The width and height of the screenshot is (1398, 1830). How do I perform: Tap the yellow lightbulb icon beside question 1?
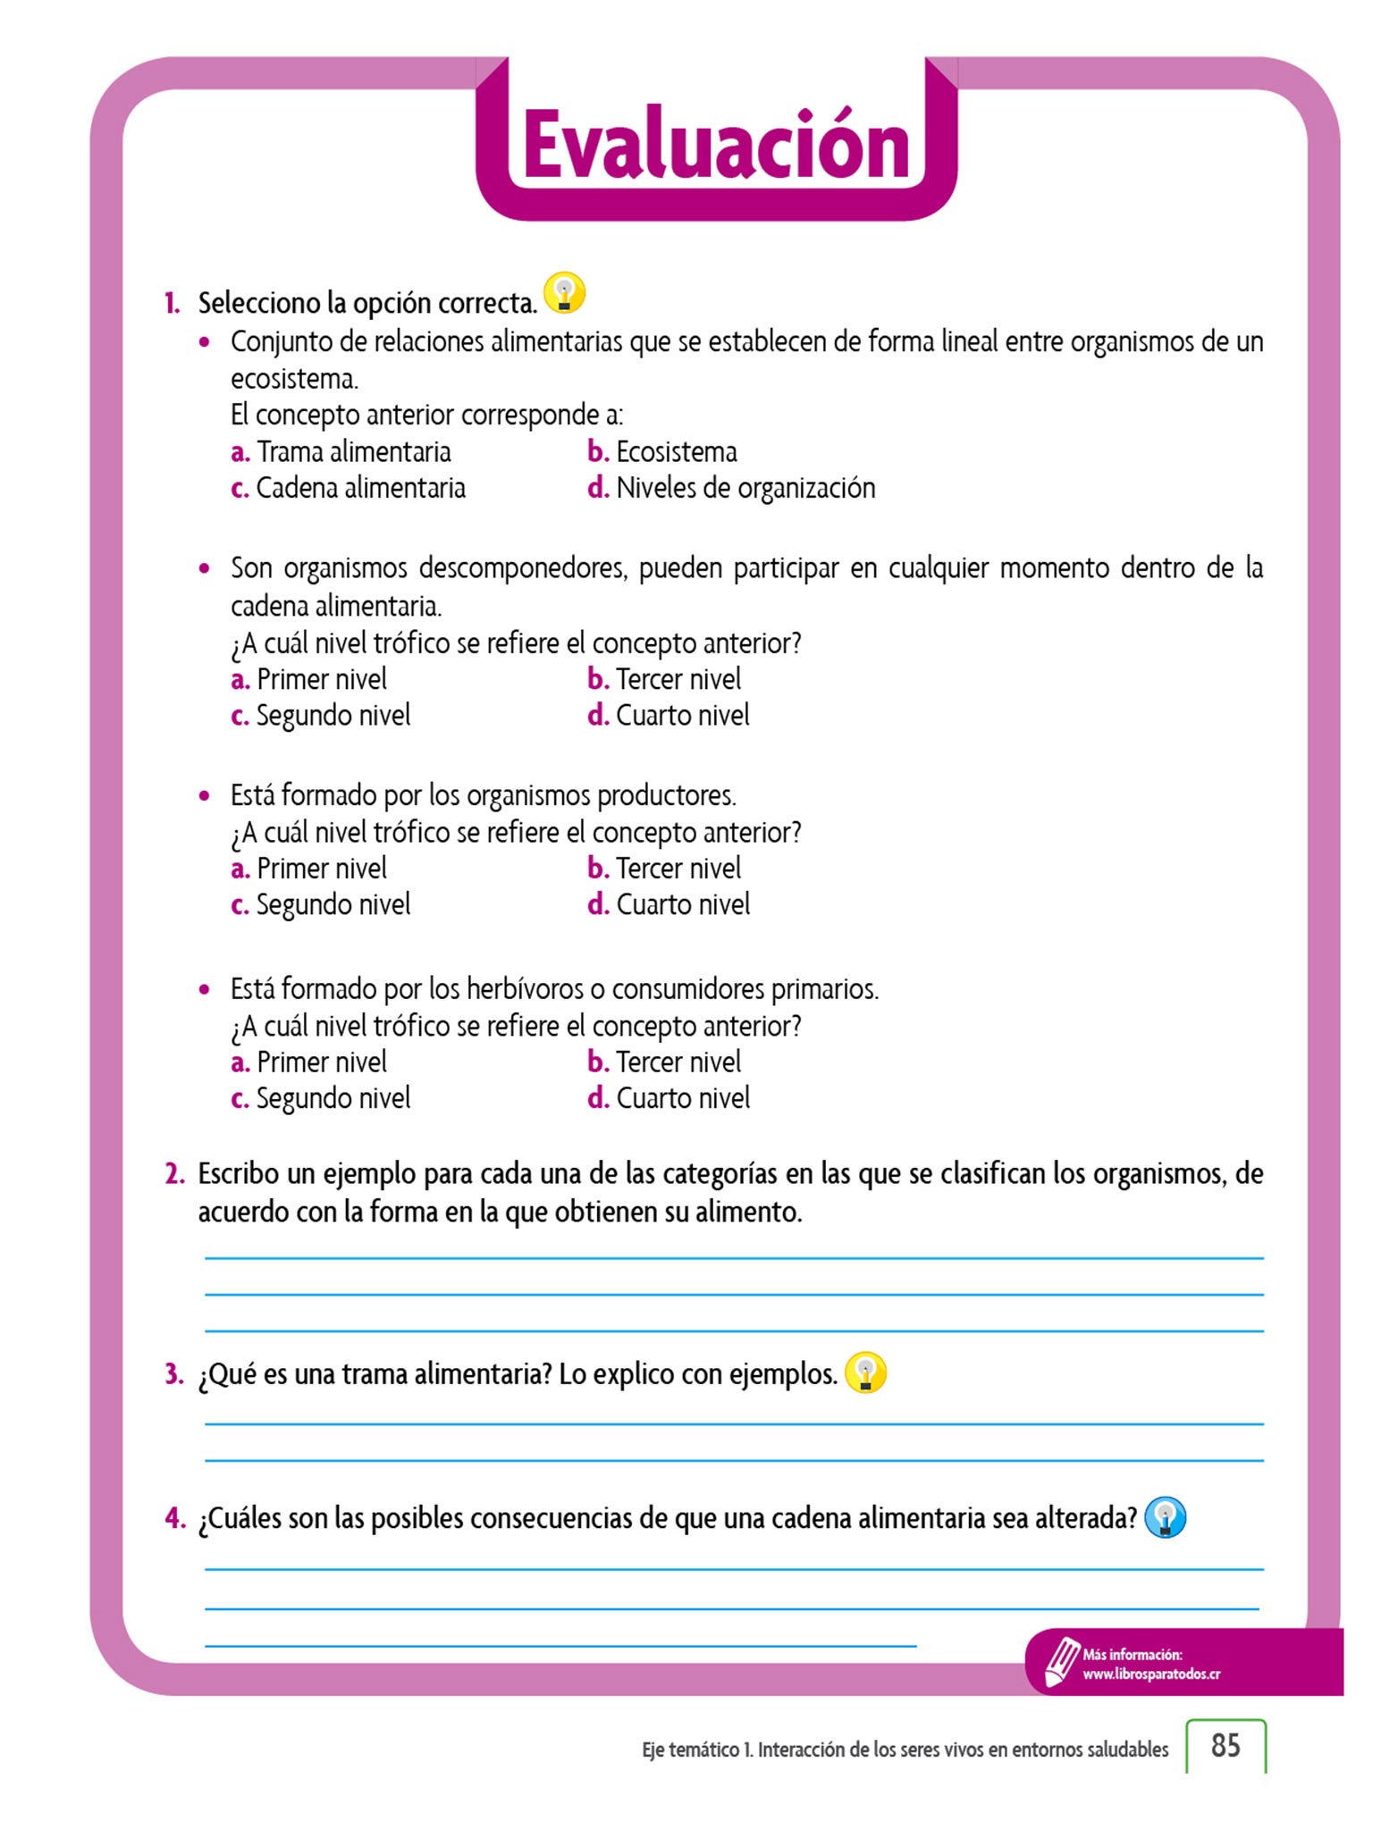point(564,293)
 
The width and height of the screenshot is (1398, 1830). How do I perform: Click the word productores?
point(666,795)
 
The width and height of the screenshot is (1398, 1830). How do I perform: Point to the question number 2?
point(174,1174)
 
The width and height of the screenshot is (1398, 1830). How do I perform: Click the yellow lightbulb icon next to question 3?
point(865,1372)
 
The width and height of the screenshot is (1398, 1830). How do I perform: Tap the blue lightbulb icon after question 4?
point(1165,1517)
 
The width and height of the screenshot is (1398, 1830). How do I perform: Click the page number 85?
point(1225,1746)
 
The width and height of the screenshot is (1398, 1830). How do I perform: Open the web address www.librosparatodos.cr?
point(1151,1675)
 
